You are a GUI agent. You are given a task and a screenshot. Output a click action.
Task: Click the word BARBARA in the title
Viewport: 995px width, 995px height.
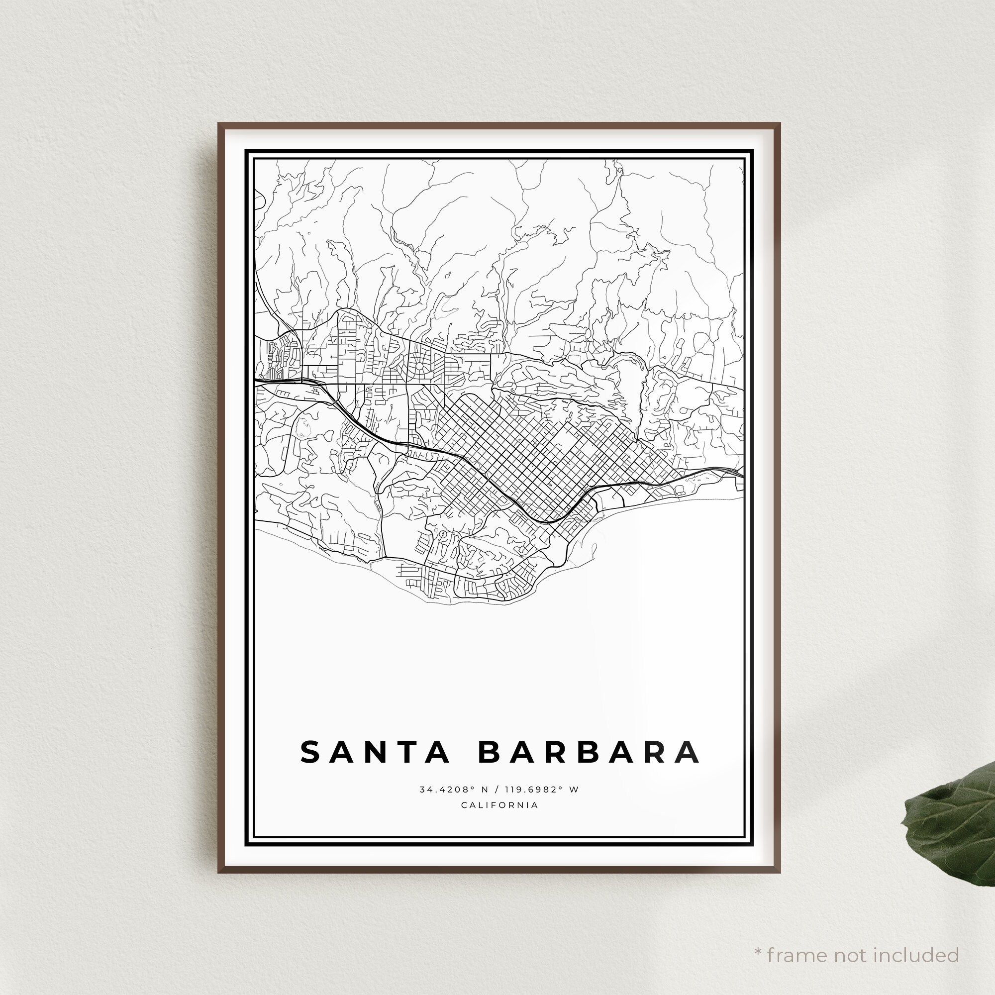point(589,752)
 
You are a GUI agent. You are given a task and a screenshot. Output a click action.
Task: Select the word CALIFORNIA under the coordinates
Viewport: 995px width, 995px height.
point(499,805)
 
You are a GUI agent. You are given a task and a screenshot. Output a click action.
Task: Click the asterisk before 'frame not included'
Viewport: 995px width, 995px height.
point(758,937)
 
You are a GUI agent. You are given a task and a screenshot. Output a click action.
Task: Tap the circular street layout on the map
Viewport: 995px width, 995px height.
point(419,367)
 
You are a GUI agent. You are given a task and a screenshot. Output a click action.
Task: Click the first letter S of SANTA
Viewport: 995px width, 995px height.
point(311,752)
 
